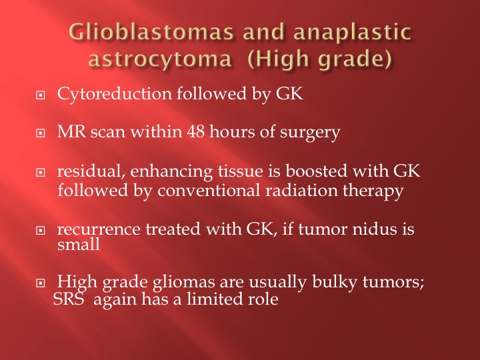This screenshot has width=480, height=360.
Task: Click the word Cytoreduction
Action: pos(114,93)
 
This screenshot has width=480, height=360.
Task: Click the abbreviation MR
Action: pos(71,131)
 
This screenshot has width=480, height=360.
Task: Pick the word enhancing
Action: pos(171,172)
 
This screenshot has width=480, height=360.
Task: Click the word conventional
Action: pos(209,191)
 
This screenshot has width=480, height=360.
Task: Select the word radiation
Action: pos(301,191)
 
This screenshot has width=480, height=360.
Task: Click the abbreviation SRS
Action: pos(69,299)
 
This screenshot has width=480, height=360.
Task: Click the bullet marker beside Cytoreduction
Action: pos(40,95)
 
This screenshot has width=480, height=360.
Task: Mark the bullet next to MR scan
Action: pos(40,133)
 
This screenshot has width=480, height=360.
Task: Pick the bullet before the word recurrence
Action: pos(40,230)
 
